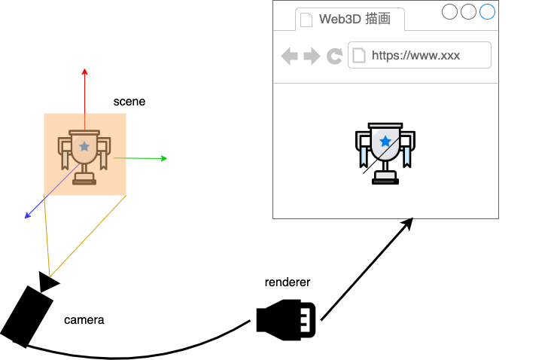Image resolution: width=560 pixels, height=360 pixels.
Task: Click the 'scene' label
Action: tap(129, 101)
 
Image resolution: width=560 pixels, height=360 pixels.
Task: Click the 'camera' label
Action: tap(84, 320)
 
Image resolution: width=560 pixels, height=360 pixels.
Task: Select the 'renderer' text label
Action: tap(287, 282)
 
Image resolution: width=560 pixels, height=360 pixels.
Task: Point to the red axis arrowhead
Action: tap(84, 72)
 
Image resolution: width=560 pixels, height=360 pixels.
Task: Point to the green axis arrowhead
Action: tap(163, 158)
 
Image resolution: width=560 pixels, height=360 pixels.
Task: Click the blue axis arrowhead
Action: tap(28, 216)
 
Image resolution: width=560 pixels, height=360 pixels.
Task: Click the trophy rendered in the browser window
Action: tap(385, 153)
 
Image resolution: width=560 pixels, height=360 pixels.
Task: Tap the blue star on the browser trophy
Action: tap(385, 141)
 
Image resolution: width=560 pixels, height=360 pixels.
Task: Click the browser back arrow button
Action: tap(289, 56)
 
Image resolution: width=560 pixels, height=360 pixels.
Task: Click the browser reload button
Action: tap(334, 56)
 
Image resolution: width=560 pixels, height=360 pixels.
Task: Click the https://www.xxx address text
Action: tap(415, 55)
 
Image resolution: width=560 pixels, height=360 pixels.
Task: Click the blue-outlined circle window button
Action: tap(487, 11)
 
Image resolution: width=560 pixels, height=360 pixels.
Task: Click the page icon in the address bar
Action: tap(359, 55)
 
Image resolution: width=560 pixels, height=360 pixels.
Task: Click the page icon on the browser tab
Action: tap(306, 20)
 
